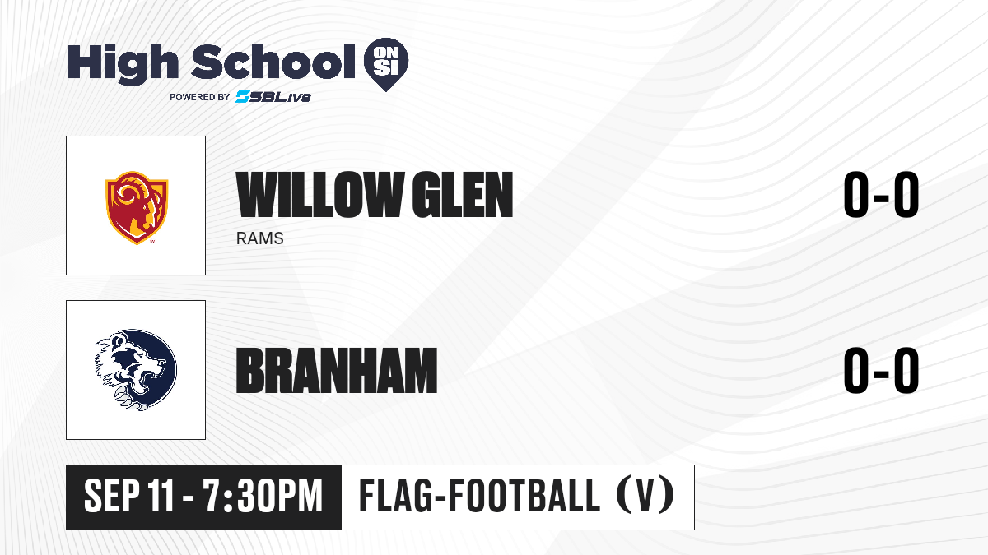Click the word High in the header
pyautogui.click(x=123, y=64)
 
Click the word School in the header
pyautogui.click(x=273, y=62)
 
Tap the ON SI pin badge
pyautogui.click(x=386, y=64)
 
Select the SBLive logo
pyautogui.click(x=273, y=97)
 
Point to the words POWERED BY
pyautogui.click(x=200, y=97)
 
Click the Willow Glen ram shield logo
pyautogui.click(x=137, y=207)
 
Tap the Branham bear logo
pyautogui.click(x=136, y=370)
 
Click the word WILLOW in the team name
pyautogui.click(x=318, y=195)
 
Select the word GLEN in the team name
pyautogui.click(x=462, y=195)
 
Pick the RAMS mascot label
pyautogui.click(x=260, y=238)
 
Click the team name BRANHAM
pyautogui.click(x=337, y=371)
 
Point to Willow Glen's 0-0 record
pyautogui.click(x=881, y=195)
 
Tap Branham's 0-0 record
pyautogui.click(x=881, y=370)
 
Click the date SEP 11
pyautogui.click(x=129, y=497)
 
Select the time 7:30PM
pyautogui.click(x=263, y=497)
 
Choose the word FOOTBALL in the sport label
pyautogui.click(x=524, y=496)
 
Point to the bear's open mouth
pyautogui.click(x=146, y=380)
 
